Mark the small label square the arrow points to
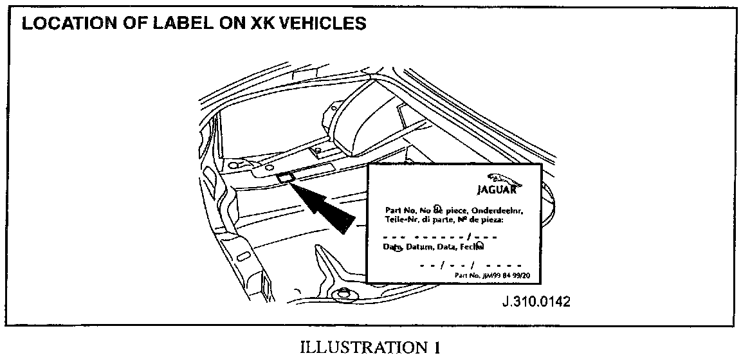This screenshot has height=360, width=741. [x=284, y=176]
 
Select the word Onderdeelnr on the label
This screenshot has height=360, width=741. [x=499, y=210]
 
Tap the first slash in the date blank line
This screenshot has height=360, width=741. [x=443, y=265]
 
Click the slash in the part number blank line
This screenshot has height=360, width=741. [x=470, y=237]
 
